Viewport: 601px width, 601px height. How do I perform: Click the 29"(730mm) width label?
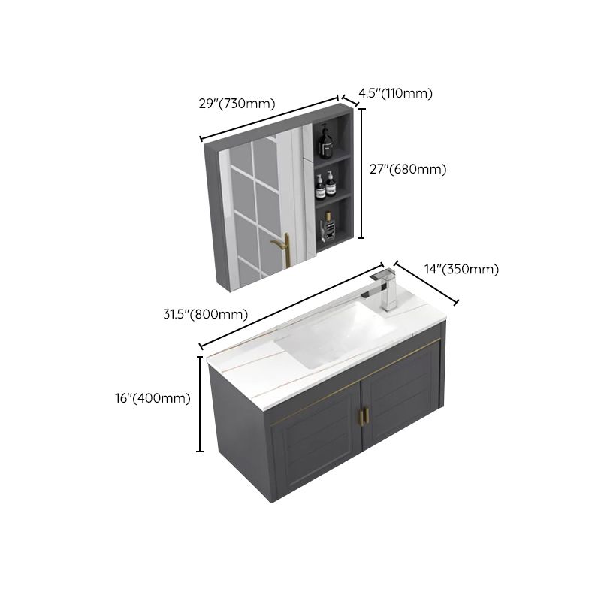click(x=237, y=104)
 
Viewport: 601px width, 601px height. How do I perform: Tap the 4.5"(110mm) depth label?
click(x=395, y=93)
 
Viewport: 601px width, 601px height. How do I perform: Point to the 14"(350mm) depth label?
click(x=461, y=270)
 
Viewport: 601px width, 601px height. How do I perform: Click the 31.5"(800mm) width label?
click(x=204, y=315)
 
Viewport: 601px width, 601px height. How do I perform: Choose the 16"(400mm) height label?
click(x=154, y=398)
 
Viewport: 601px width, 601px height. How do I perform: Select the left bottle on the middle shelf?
click(x=319, y=186)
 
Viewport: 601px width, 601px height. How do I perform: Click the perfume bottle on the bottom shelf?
click(x=328, y=226)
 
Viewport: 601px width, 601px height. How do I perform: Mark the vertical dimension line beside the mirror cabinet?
click(x=361, y=173)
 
